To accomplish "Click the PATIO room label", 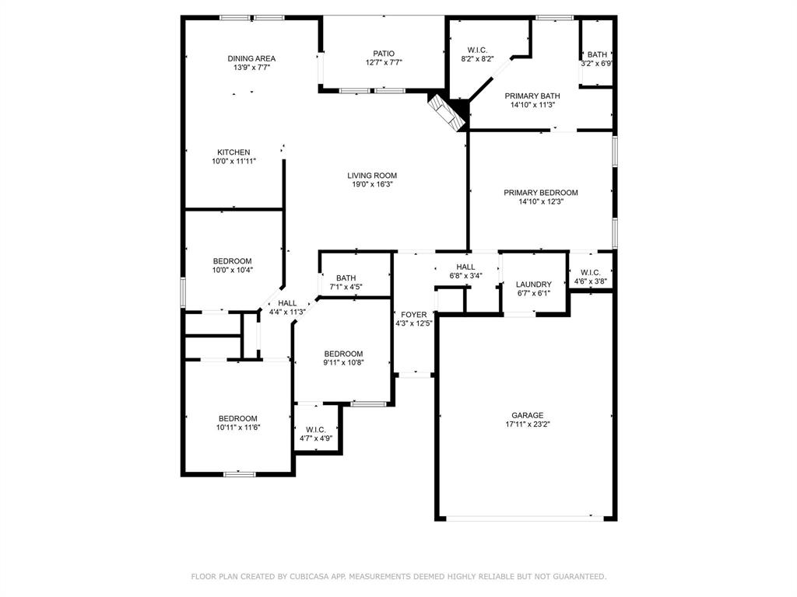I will tap(383, 54).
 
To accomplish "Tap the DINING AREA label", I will tap(251, 58).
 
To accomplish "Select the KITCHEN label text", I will tap(233, 152).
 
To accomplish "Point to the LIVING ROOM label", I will tap(372, 176).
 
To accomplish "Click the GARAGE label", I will tap(527, 415).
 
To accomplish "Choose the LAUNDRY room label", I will tap(534, 285).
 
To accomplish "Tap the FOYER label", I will tap(413, 314).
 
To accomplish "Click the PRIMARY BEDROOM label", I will tap(540, 193).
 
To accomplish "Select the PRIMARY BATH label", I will tap(532, 96).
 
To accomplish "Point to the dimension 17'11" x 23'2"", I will tap(527, 425).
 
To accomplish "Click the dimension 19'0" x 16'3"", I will tap(372, 185).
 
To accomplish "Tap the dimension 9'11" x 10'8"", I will tap(343, 362).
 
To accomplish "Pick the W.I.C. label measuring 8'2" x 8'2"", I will tap(477, 49).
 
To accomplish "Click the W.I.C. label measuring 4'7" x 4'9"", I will tap(315, 429).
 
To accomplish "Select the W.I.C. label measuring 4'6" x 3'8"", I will tap(590, 272).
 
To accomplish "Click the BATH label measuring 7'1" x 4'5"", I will tap(346, 278).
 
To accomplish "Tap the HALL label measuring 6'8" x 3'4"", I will tap(465, 267).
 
